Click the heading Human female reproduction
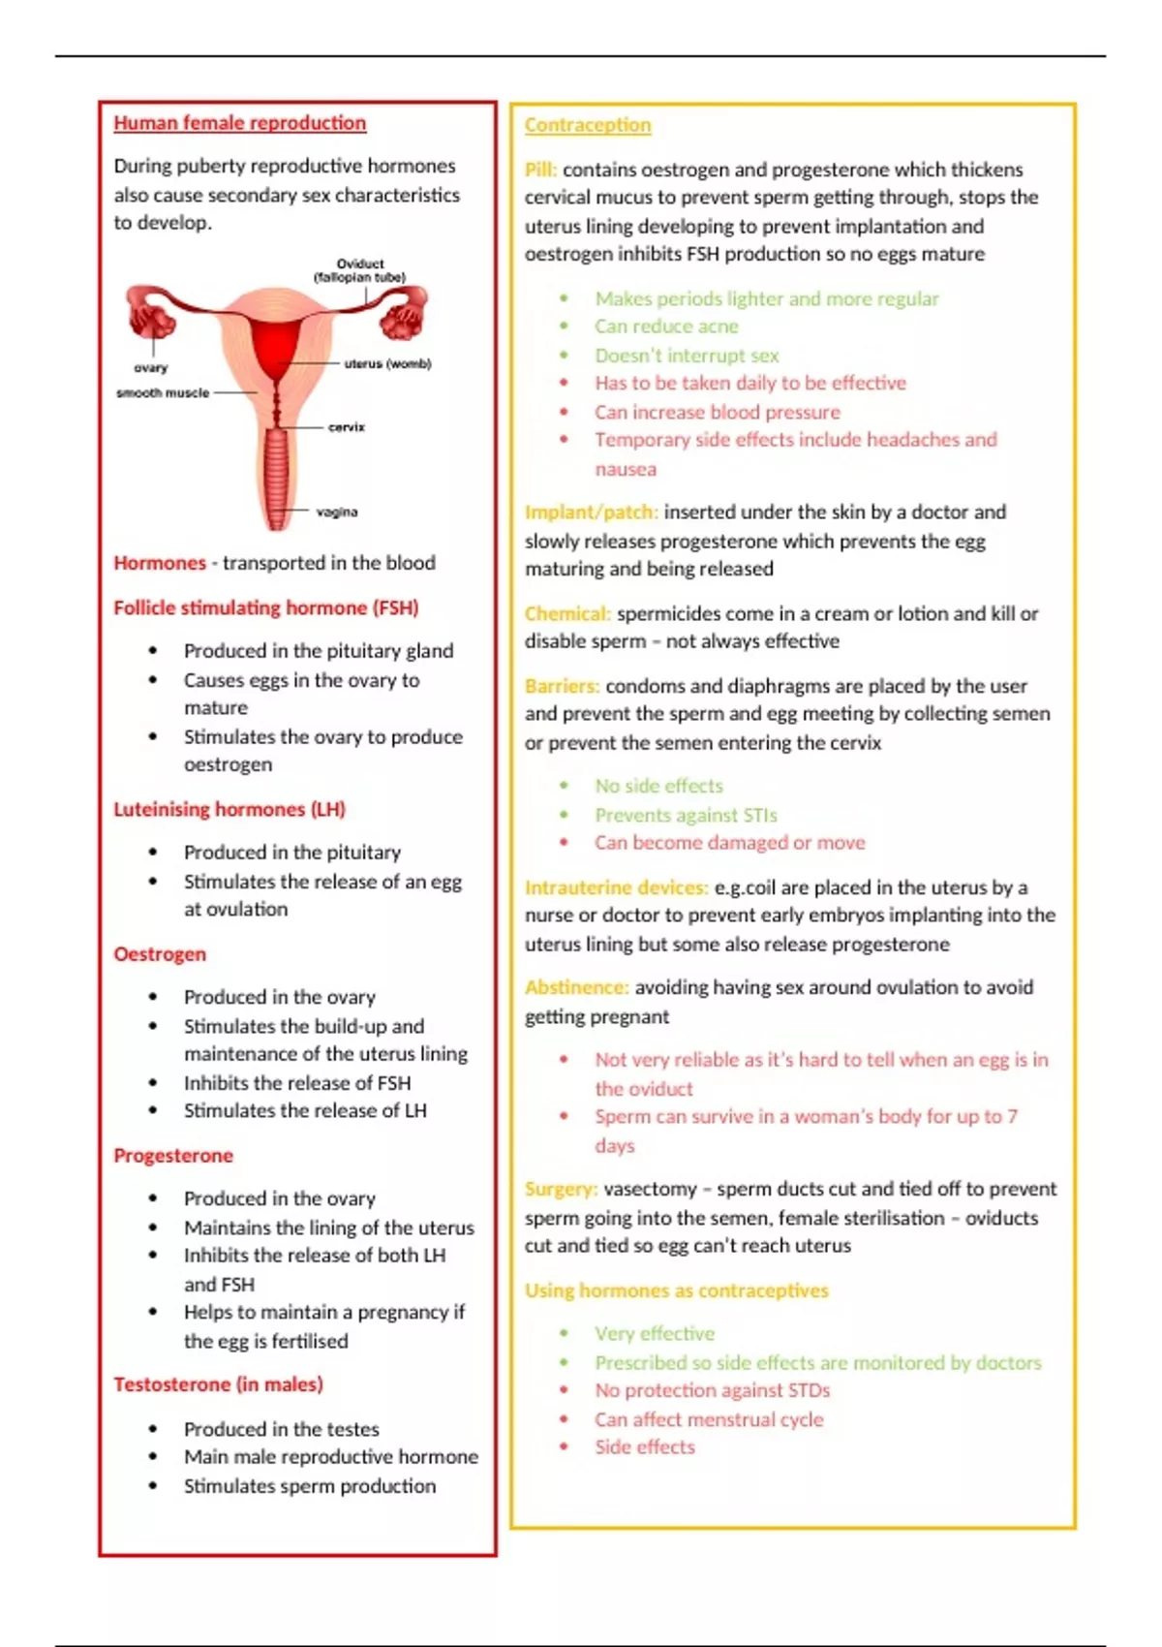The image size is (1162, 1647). click(x=239, y=123)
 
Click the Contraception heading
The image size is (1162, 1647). click(x=588, y=125)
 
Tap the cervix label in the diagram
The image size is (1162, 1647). click(x=346, y=427)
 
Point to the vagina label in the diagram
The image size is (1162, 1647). click(x=337, y=512)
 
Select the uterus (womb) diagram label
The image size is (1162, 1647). click(x=387, y=364)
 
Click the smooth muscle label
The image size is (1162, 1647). click(x=163, y=393)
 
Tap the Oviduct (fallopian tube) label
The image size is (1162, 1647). click(x=359, y=270)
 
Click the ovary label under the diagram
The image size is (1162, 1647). click(x=151, y=368)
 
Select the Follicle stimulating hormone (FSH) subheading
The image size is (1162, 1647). click(x=266, y=608)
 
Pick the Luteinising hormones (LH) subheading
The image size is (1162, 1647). click(x=229, y=810)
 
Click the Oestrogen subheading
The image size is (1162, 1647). click(x=160, y=954)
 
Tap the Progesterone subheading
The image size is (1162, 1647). click(x=173, y=1156)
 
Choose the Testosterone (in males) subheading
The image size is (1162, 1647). click(x=218, y=1384)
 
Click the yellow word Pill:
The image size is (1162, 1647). click(x=540, y=170)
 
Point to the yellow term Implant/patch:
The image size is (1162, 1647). click(x=591, y=513)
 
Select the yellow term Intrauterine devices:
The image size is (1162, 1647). click(x=616, y=887)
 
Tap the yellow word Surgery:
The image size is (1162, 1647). click(x=561, y=1189)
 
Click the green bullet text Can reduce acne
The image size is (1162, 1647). click(x=666, y=326)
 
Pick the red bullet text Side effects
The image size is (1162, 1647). click(x=645, y=1446)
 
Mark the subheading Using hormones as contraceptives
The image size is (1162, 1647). click(x=677, y=1290)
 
